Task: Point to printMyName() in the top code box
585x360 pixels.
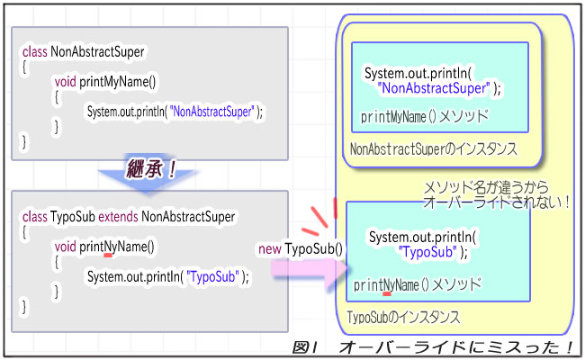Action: click(117, 82)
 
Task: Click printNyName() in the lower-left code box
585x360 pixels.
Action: click(117, 247)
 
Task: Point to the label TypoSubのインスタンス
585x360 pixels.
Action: click(403, 318)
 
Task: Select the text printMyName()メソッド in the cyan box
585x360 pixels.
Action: click(425, 116)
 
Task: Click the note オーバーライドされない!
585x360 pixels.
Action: click(498, 202)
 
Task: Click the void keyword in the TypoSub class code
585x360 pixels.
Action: click(65, 247)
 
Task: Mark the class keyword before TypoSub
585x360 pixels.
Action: click(34, 216)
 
